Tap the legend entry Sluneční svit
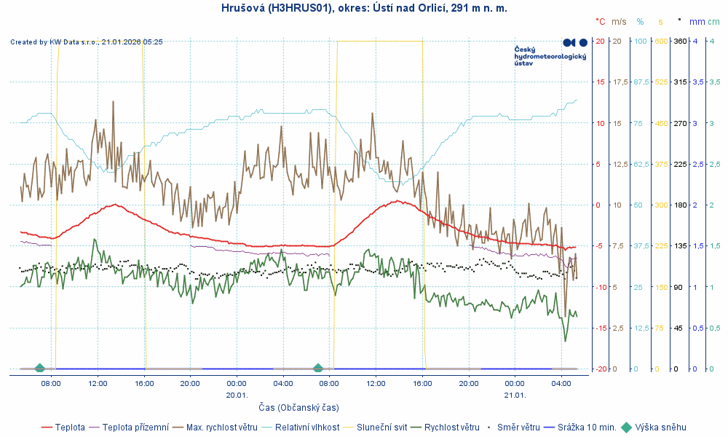tap(381, 427)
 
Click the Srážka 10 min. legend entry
tap(587, 427)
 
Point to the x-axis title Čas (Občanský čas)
tap(298, 407)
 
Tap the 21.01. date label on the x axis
tap(515, 394)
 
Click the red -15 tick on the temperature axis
tap(601, 328)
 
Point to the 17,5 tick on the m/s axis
tap(620, 82)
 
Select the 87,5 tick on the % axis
tap(641, 82)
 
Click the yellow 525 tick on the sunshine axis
tap(661, 82)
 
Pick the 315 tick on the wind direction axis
tap(680, 82)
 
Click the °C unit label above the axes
tap(601, 22)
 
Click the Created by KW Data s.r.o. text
tap(87, 42)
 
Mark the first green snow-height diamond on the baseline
tap(40, 368)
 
